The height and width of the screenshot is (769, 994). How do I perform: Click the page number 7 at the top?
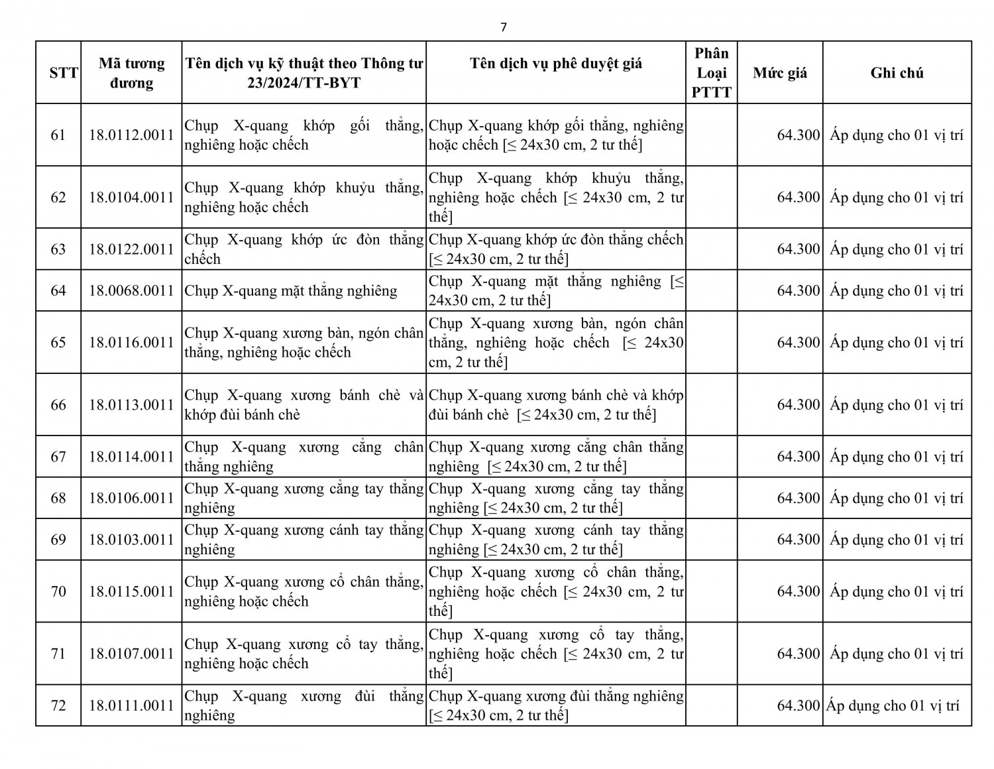pos(504,27)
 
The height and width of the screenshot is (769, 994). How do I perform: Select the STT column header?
pos(64,73)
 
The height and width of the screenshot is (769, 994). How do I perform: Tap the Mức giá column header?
pos(780,73)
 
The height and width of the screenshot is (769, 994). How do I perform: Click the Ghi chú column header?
pos(897,73)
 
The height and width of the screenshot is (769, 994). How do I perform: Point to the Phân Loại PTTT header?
pos(711,73)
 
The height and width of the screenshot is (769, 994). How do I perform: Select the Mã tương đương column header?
pos(131,73)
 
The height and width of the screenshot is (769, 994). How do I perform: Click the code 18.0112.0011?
pos(131,135)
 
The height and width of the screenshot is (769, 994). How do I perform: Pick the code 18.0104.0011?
pos(131,198)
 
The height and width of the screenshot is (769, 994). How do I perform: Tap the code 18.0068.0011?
pos(131,290)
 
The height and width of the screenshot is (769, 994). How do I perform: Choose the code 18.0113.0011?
pos(131,405)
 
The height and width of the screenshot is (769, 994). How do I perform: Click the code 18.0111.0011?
pos(131,705)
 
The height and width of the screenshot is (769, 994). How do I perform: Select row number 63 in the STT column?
pos(58,249)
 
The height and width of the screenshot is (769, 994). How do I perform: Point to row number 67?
pos(58,457)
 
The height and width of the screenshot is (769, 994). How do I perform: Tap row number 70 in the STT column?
pos(58,591)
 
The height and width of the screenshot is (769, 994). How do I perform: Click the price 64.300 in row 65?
pos(799,343)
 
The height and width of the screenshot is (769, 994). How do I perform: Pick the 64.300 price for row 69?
pos(799,540)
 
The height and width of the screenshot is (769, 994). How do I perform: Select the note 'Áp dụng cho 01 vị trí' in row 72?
pos(893,705)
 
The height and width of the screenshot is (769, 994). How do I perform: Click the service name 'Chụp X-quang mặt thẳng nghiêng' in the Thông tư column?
pos(291,290)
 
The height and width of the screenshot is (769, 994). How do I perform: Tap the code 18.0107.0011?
pos(131,654)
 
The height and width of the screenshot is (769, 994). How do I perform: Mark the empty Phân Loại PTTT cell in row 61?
pos(711,135)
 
